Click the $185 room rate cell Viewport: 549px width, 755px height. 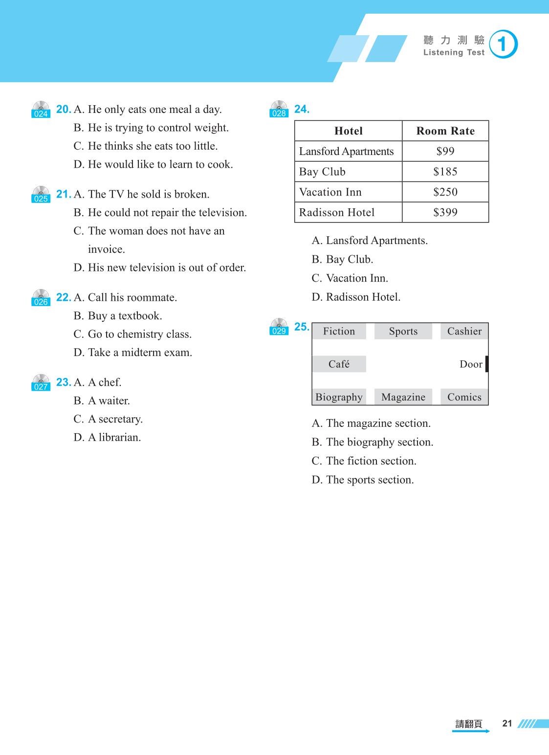pos(445,172)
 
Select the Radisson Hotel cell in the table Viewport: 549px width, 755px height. pos(337,212)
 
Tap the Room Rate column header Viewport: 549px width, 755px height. pos(445,131)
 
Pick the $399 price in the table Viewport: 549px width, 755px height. pos(445,212)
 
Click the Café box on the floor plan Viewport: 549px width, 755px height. pos(339,364)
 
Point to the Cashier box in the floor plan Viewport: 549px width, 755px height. pos(464,332)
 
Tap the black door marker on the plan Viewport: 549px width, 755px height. pos(486,364)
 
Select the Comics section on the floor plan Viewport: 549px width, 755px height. pos(464,397)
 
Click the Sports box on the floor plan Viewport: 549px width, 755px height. pos(403,332)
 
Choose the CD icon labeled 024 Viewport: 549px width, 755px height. pos(41,110)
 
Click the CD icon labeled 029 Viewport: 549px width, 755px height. pos(279,327)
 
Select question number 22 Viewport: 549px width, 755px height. pos(63,297)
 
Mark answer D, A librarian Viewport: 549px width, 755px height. pos(107,437)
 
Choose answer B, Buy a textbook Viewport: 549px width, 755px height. pos(118,316)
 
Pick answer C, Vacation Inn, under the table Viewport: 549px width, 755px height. pos(350,278)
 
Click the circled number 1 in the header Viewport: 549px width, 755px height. pos(503,44)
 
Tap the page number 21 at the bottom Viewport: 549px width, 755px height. pos(507,723)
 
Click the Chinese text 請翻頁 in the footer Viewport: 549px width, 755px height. pos(469,724)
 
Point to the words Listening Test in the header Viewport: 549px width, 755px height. pos(454,53)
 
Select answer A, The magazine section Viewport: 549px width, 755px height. pos(371,423)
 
